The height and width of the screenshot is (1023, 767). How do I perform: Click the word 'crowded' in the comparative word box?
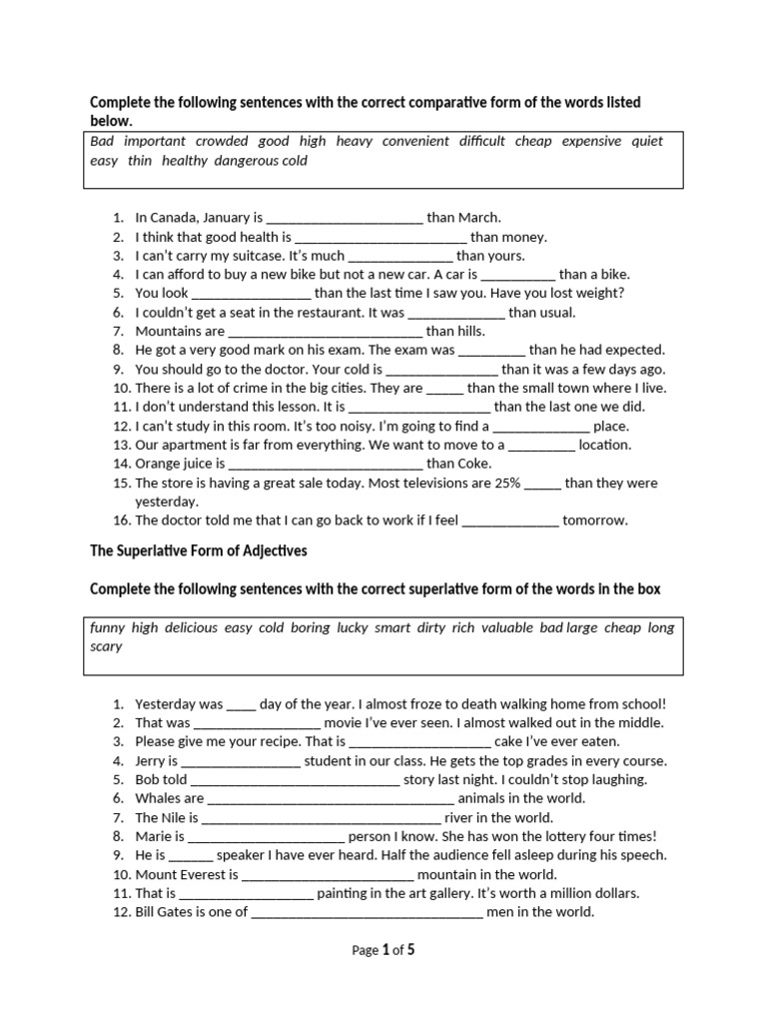222,142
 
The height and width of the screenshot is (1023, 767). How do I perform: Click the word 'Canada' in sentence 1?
172,217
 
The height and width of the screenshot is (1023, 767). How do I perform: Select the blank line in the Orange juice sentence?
326,464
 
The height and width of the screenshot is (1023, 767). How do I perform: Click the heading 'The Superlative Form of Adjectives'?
199,550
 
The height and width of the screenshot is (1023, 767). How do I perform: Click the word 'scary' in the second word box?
106,646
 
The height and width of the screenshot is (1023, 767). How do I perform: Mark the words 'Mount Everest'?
186,875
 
